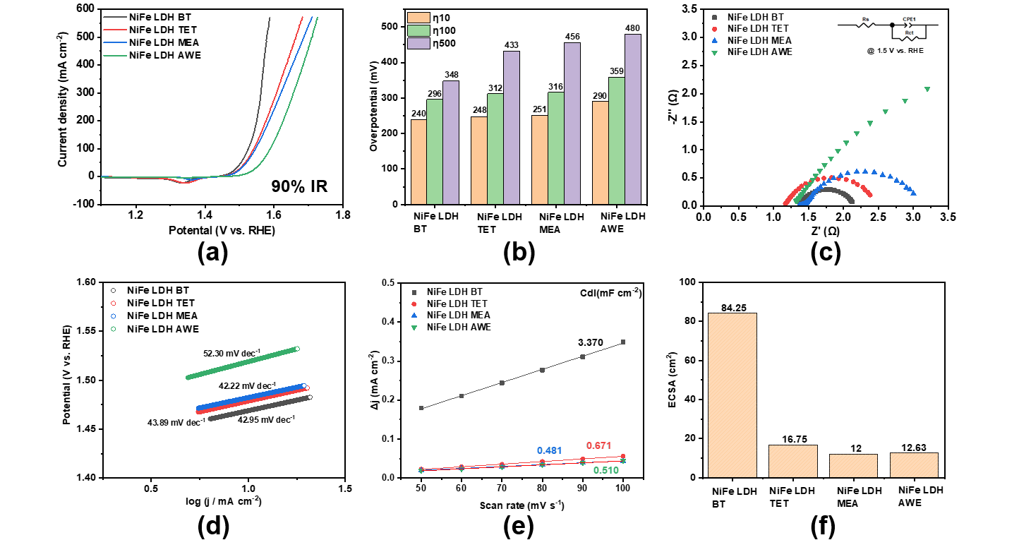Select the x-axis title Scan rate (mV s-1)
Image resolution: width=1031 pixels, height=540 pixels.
pyautogui.click(x=521, y=506)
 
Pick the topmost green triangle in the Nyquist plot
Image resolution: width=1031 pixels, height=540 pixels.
pyautogui.click(x=927, y=89)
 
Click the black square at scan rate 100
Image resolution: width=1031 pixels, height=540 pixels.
pyautogui.click(x=623, y=342)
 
